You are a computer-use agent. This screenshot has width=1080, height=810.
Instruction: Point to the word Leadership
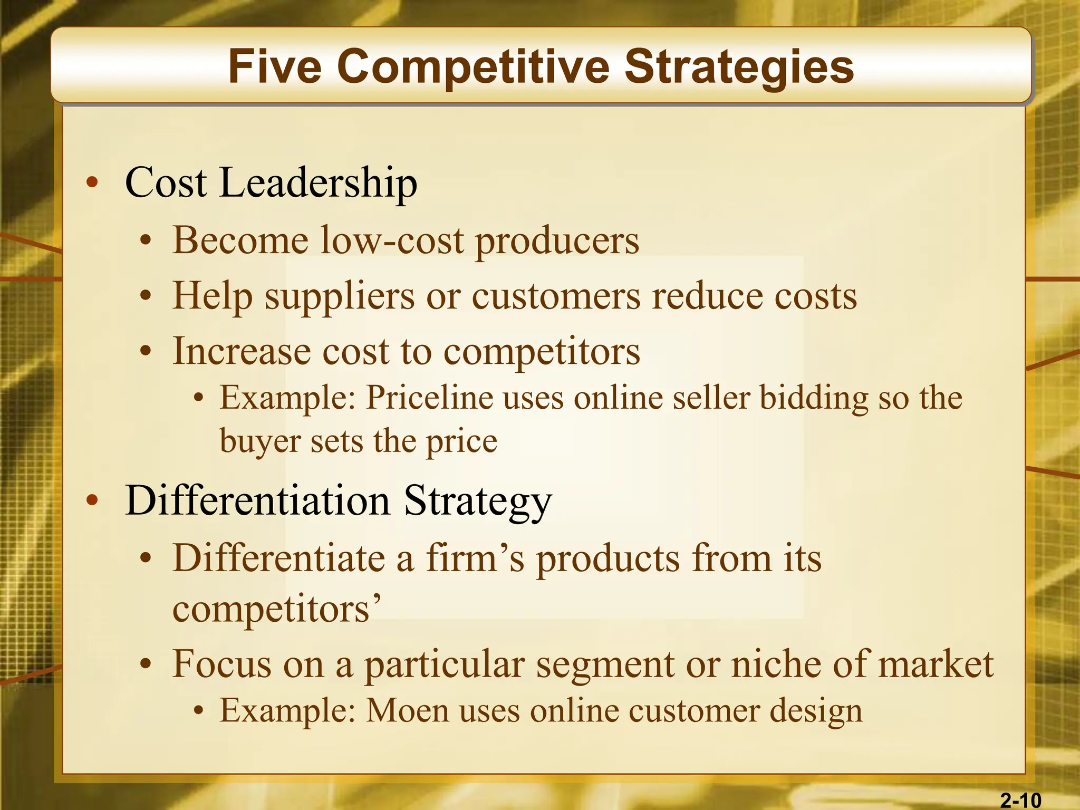point(318,182)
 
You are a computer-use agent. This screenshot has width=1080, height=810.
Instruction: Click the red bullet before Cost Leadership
point(92,183)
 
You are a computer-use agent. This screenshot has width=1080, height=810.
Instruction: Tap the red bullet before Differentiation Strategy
point(92,500)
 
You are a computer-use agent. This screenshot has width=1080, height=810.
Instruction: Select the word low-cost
point(392,240)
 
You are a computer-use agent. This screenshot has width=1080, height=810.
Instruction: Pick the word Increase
point(242,351)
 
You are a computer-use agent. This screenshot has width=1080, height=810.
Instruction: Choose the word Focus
point(221,664)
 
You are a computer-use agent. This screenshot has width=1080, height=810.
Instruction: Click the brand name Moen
point(408,710)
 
